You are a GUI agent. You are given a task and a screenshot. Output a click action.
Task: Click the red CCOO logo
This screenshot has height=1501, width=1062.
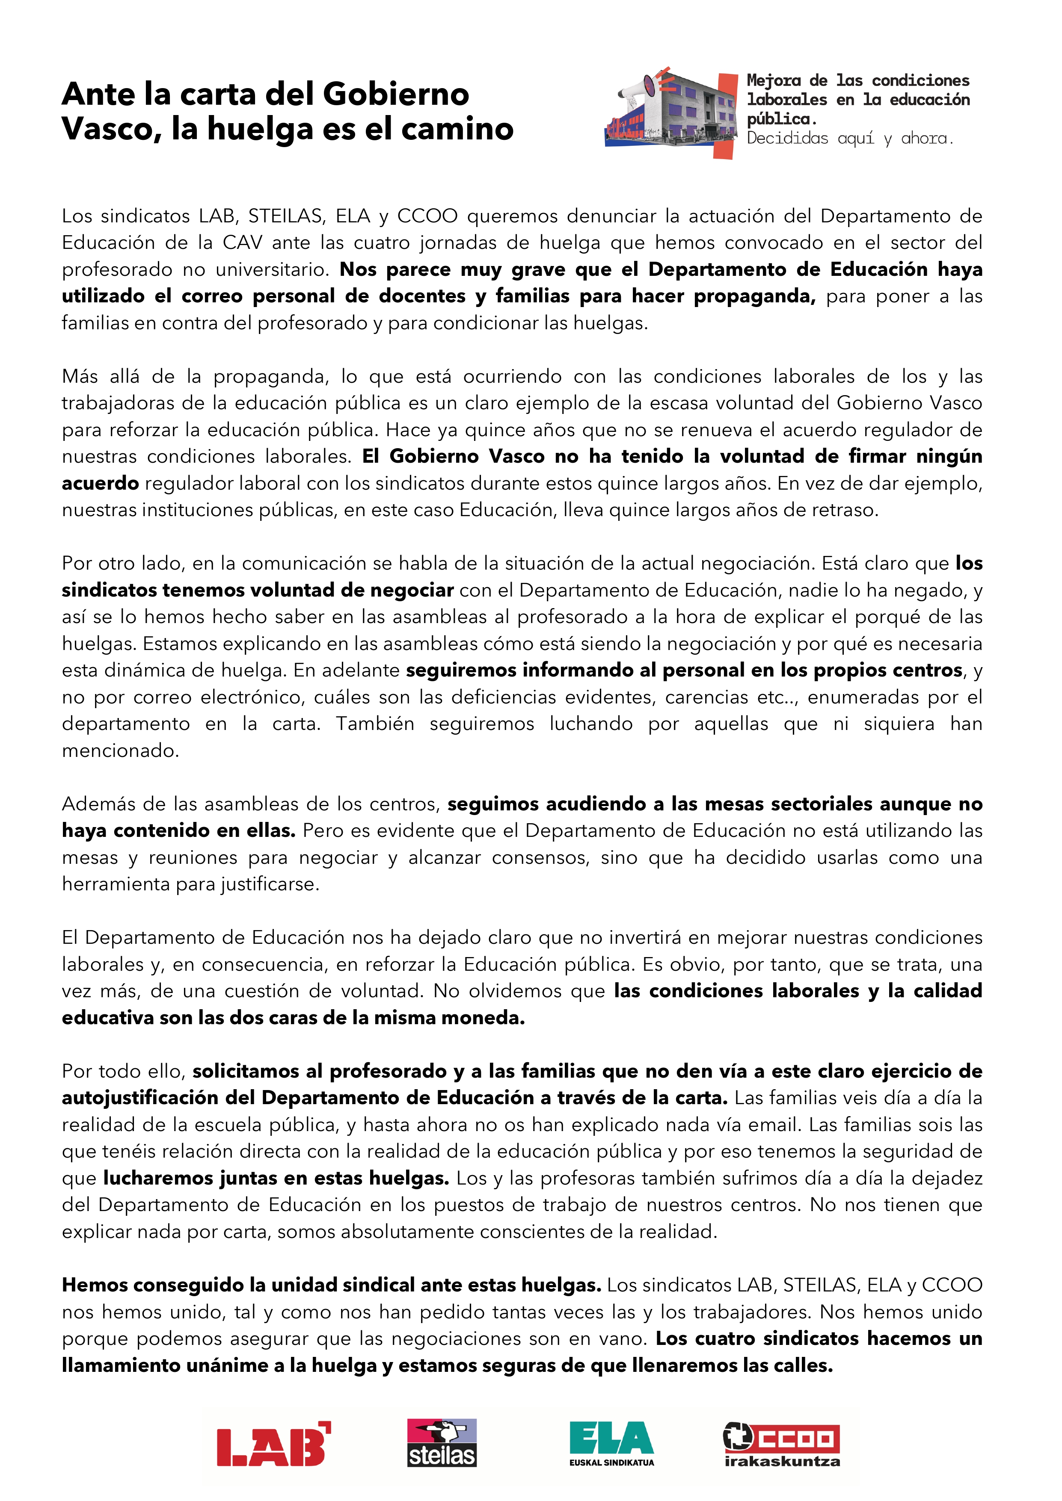[781, 1438]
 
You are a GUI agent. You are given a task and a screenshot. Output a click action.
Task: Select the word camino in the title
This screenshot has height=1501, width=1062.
[457, 129]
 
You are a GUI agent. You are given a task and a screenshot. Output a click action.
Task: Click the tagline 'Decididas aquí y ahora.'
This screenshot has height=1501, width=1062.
[850, 139]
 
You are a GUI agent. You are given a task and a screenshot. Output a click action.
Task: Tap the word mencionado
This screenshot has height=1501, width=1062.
[120, 750]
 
